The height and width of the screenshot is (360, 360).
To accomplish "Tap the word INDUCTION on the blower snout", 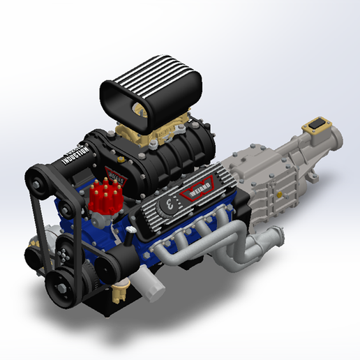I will [x=73, y=154].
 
